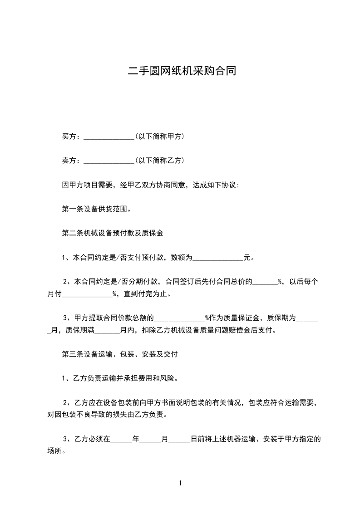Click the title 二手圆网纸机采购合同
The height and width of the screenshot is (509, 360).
coord(182,71)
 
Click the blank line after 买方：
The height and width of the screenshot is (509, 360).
coord(109,137)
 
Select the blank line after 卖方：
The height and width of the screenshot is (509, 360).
coord(109,161)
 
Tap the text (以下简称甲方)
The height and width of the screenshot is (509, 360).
coord(159,136)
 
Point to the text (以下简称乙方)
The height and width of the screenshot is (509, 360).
coord(159,161)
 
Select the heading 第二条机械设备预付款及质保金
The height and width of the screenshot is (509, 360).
coord(112,234)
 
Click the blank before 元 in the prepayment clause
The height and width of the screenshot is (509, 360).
coord(218,259)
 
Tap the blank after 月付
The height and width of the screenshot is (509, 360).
coord(87,294)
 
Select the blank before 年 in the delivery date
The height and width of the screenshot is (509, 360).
coord(121,440)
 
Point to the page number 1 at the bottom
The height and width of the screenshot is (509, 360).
coord(180,483)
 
